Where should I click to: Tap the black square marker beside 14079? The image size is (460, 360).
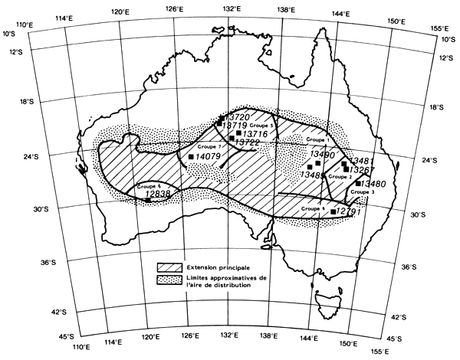(x=191, y=156)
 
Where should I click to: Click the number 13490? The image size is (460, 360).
(x=322, y=155)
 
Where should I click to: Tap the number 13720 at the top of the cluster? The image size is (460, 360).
(x=245, y=116)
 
